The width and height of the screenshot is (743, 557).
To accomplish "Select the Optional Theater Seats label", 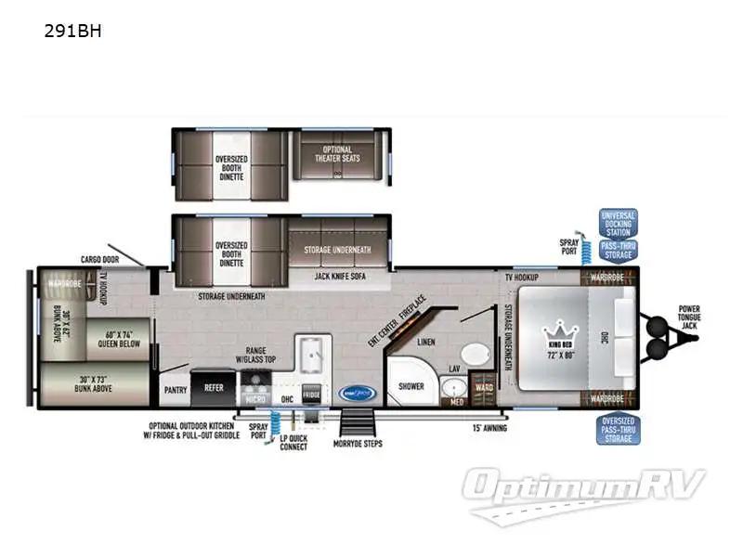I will coord(339,154).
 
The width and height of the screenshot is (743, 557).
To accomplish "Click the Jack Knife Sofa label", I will coord(338,275).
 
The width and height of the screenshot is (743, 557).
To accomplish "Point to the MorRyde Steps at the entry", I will coord(358,429).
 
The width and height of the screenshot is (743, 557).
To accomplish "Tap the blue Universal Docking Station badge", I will coord(618,223).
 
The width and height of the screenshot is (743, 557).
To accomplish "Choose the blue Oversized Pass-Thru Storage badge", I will coord(617,431).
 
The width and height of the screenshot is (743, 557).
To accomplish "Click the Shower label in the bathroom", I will coord(411,385).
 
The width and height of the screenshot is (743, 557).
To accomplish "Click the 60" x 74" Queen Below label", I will coord(119,337).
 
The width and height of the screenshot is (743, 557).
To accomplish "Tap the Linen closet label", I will coord(425,343).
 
